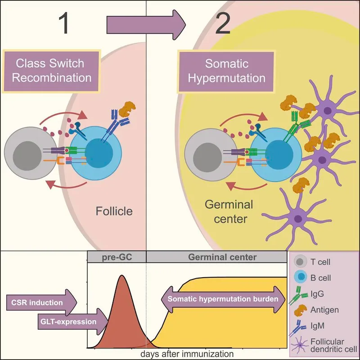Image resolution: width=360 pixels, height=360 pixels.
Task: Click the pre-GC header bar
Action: point(117,257)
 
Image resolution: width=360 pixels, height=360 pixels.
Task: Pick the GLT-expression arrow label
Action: point(72,321)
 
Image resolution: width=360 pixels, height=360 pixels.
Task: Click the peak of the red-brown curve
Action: point(121,276)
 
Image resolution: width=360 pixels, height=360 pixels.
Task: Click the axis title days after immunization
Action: point(187,354)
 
